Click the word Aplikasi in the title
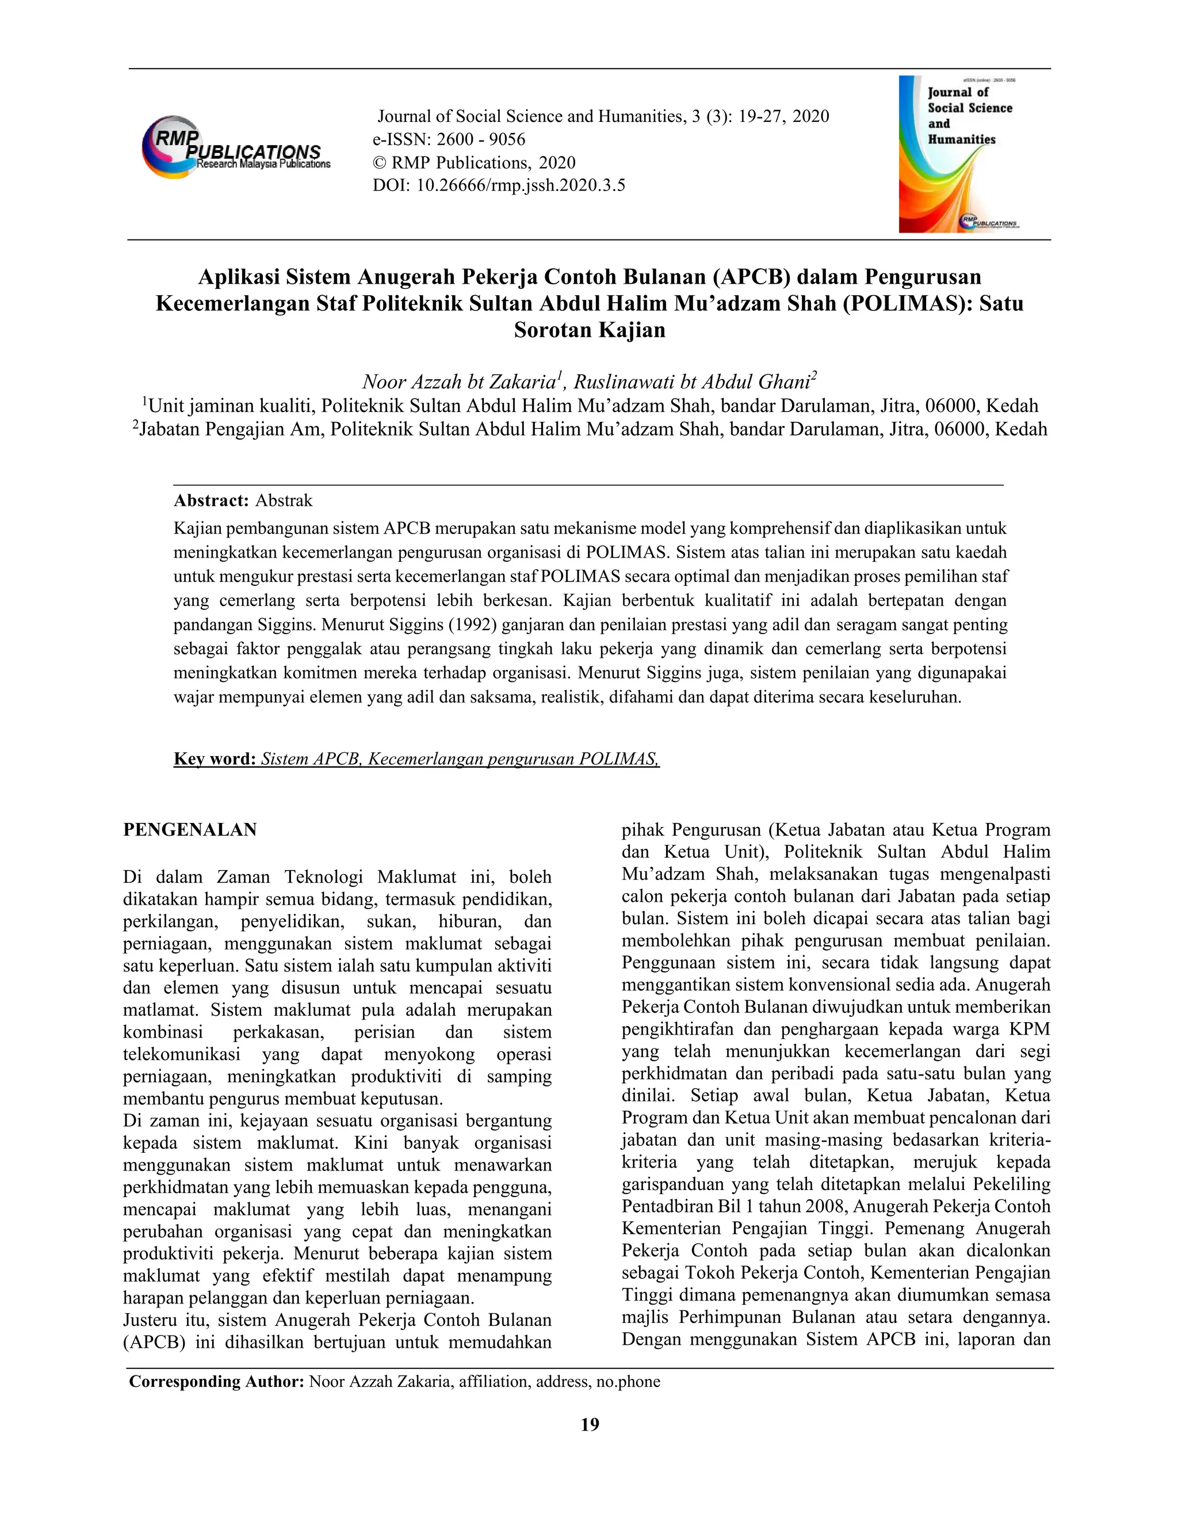pos(239,277)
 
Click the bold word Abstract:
pos(211,500)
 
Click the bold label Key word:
pos(215,758)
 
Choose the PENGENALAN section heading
pos(190,829)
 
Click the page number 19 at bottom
pos(590,1424)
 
